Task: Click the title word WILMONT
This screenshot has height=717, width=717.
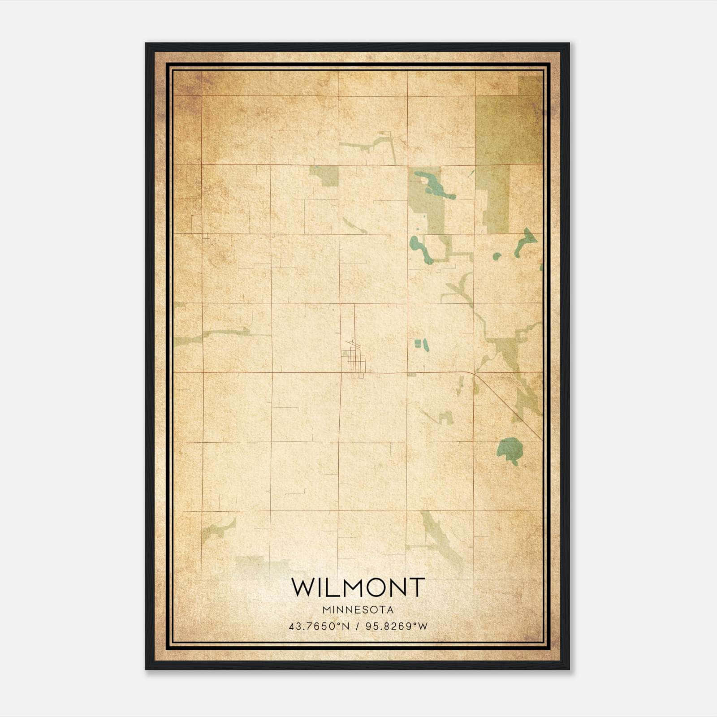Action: [358, 587]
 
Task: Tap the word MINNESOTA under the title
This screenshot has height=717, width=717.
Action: [358, 610]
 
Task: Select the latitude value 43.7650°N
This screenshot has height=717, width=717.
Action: [319, 626]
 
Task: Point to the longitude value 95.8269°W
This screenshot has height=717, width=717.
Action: [397, 626]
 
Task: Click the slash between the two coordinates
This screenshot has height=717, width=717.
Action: [358, 626]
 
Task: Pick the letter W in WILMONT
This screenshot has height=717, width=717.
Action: [304, 587]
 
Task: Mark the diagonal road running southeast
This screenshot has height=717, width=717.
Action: [509, 406]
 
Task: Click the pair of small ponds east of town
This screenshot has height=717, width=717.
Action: [421, 344]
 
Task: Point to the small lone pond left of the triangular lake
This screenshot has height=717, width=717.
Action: [496, 256]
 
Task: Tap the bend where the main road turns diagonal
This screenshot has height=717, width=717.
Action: [474, 373]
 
